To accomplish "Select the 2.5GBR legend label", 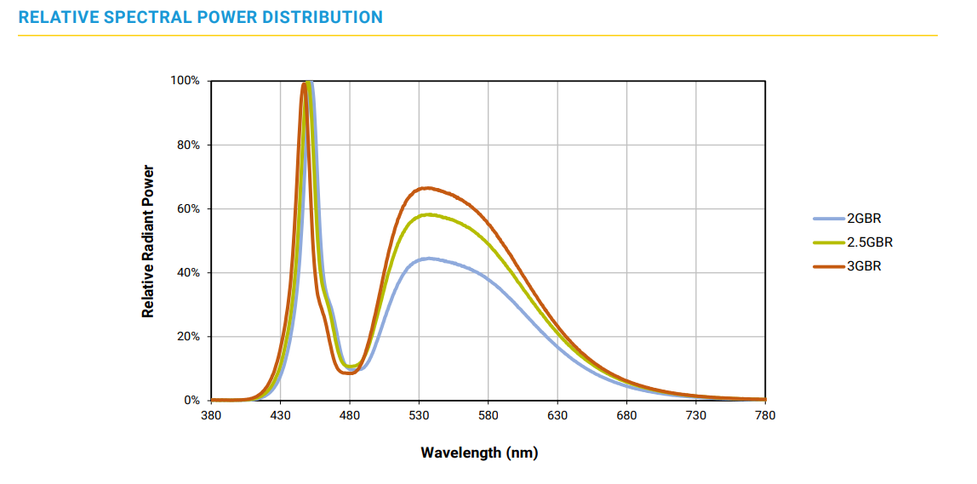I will tap(869, 242).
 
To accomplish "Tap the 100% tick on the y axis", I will tap(185, 81).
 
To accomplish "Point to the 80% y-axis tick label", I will tap(187, 145).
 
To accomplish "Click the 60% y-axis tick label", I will tap(187, 208).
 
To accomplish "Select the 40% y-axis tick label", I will tap(187, 273).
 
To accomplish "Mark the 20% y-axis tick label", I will tap(187, 337).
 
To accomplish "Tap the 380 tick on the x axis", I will tap(211, 415).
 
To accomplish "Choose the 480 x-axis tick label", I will tap(350, 415).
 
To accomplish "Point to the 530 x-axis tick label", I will tap(419, 415).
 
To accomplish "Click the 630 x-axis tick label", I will tap(557, 415).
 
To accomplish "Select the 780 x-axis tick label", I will tap(765, 415).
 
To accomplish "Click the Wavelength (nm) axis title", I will tap(479, 453).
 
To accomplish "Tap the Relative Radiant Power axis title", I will tap(149, 241).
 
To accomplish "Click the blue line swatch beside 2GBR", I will tap(829, 218).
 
